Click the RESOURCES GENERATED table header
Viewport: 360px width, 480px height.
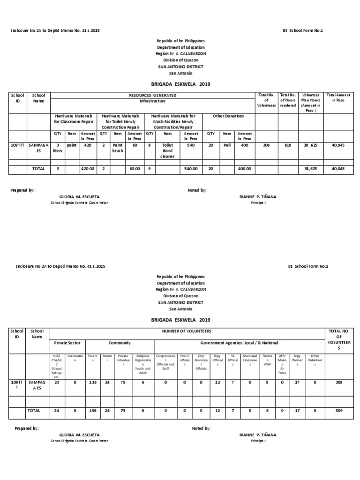152,95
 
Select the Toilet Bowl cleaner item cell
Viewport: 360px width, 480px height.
168,150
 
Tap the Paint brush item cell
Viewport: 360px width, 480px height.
117,148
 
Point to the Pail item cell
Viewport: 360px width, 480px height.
227,145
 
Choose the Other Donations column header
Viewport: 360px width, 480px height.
228,116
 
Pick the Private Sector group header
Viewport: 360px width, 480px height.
67,343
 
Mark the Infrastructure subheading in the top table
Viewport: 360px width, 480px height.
152,101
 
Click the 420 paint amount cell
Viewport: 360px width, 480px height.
88,145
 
